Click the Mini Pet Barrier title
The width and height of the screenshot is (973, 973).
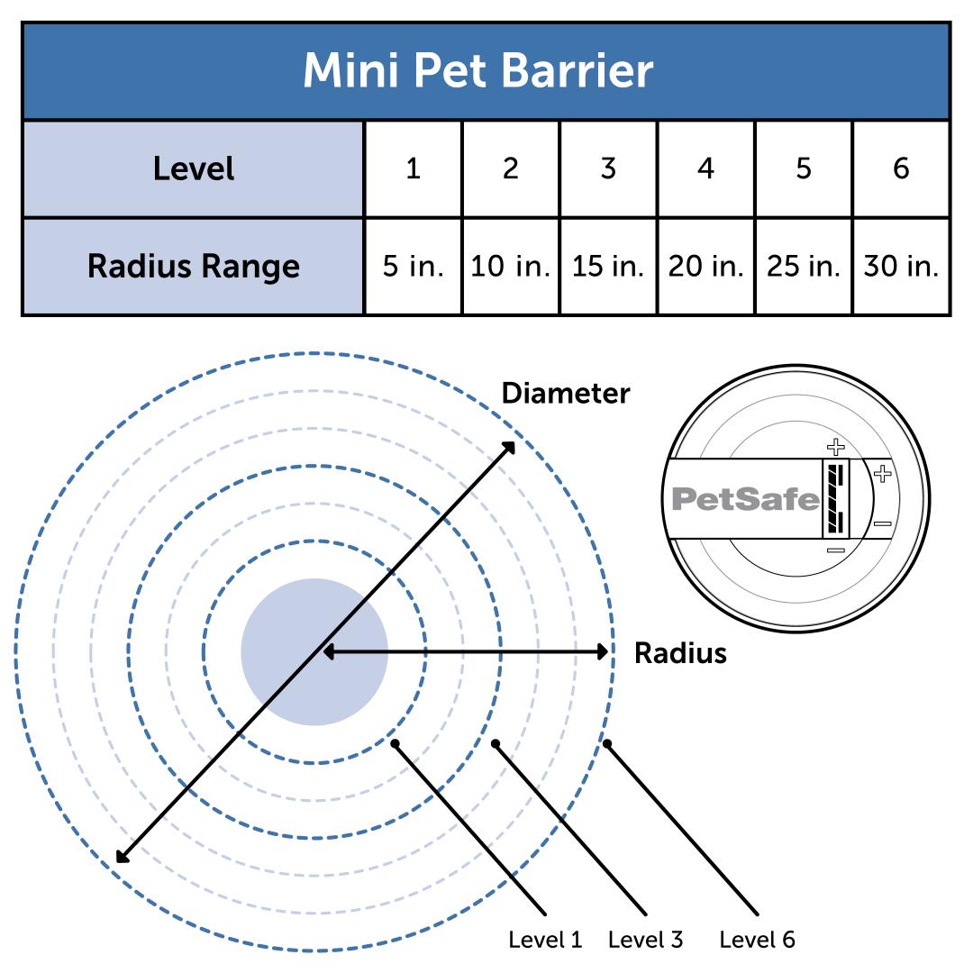[x=477, y=71]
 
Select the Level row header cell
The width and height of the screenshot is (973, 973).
[x=193, y=169]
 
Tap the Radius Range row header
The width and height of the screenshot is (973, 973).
[x=193, y=267]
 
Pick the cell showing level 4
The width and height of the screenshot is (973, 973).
[x=705, y=169]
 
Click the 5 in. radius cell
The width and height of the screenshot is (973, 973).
[x=413, y=267]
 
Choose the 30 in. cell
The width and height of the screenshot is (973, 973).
[x=901, y=267]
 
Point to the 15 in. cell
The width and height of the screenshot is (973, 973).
[x=608, y=267]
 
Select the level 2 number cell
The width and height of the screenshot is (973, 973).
[x=510, y=169]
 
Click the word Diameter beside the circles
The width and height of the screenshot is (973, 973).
[x=565, y=394]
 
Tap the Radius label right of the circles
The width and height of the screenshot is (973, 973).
[x=680, y=653]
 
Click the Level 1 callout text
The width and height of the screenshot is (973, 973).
[x=545, y=941]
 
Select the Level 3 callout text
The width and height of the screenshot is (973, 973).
[x=645, y=941]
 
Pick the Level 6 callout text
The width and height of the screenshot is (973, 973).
[x=757, y=941]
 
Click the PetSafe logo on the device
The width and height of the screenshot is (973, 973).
[x=746, y=499]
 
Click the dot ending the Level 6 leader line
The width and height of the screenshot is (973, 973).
[x=607, y=743]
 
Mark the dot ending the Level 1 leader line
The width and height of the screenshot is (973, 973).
[x=395, y=743]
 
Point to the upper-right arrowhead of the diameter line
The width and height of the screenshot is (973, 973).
[x=510, y=446]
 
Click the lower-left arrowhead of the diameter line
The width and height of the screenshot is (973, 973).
[x=122, y=857]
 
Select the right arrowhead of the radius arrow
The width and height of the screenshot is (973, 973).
[x=604, y=652]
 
